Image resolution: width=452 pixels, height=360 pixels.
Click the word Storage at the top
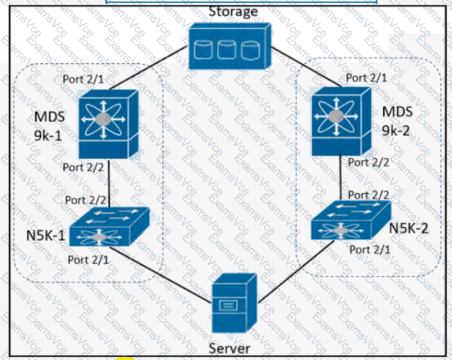pyautogui.click(x=233, y=11)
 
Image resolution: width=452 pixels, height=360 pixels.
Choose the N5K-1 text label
pyautogui.click(x=43, y=237)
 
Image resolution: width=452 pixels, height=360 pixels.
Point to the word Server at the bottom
pyautogui.click(x=229, y=348)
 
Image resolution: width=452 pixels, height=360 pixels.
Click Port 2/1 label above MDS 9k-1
pyautogui.click(x=84, y=78)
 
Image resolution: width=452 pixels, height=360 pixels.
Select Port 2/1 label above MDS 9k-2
pyautogui.click(x=367, y=77)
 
